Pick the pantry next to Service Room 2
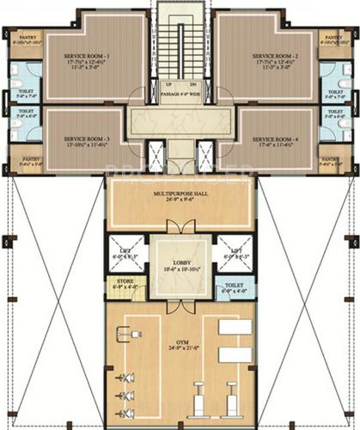[x=332, y=40]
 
